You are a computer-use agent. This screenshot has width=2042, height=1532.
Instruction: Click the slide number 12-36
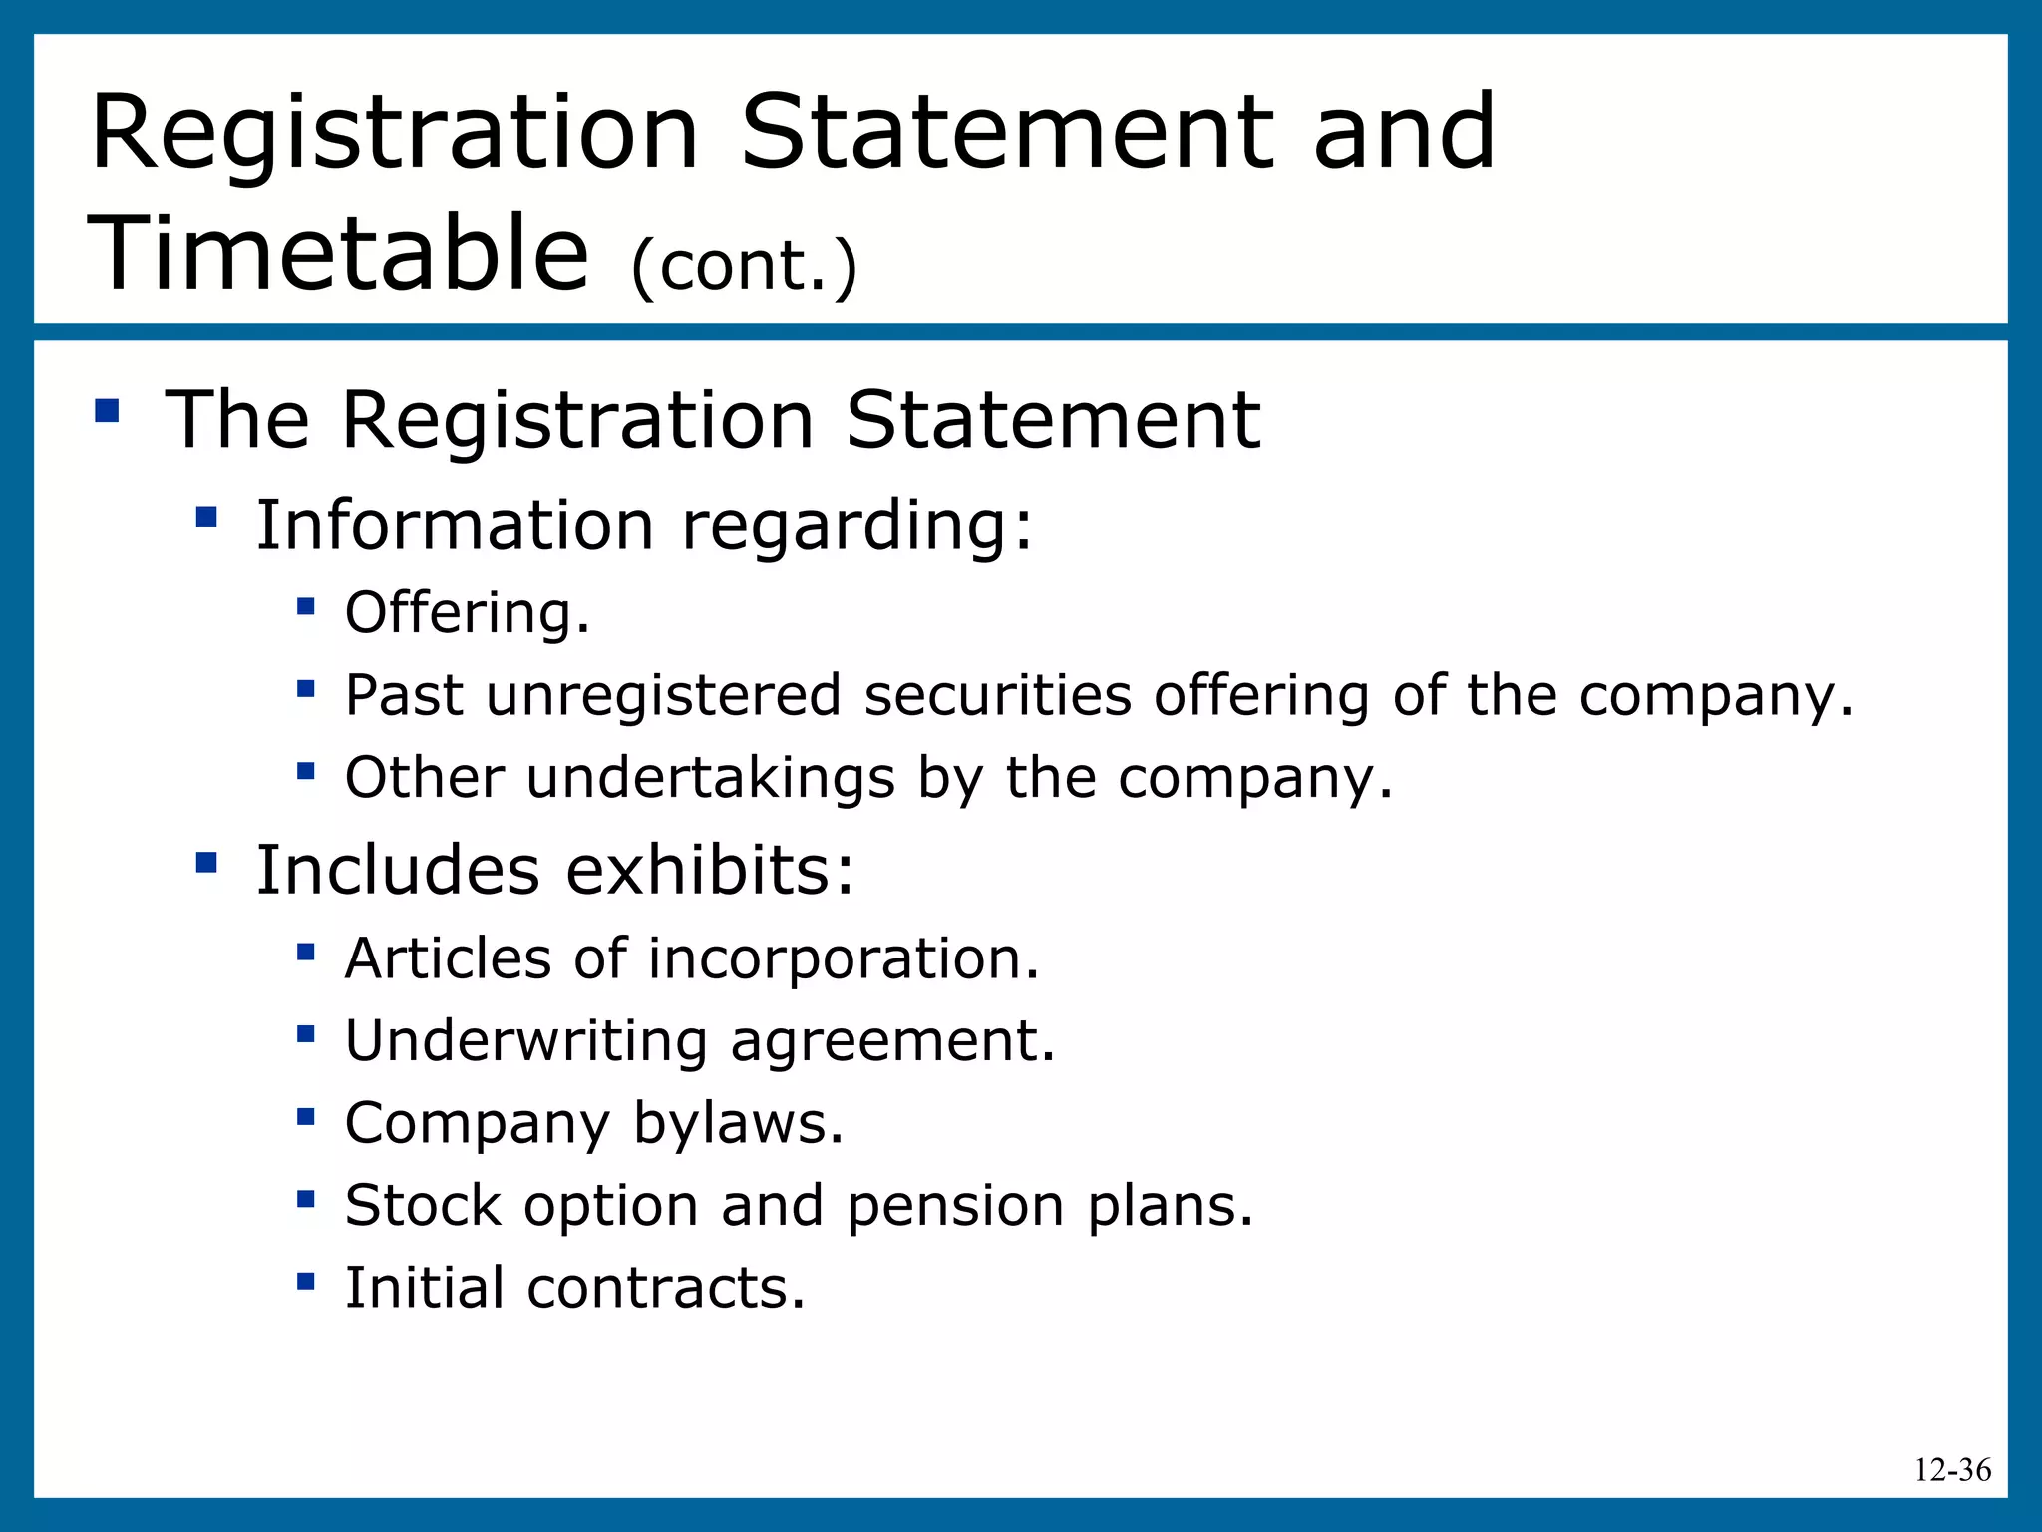click(1952, 1469)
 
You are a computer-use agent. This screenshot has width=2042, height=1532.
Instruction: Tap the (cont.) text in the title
click(744, 267)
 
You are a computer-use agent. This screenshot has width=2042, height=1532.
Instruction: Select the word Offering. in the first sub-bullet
click(468, 612)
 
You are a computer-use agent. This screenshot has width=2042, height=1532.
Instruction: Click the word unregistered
click(664, 695)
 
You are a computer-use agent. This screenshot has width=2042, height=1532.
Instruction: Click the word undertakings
click(710, 778)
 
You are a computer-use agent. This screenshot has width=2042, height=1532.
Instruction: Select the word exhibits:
click(710, 870)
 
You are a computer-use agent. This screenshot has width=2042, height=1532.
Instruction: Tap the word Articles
click(448, 958)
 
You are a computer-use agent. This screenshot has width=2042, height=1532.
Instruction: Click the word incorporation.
click(844, 958)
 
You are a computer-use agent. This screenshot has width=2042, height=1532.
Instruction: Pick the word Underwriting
click(525, 1041)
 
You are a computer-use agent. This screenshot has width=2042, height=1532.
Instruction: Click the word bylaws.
click(738, 1124)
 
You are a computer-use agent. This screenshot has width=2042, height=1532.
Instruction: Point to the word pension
click(955, 1206)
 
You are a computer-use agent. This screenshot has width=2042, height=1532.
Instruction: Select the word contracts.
click(665, 1288)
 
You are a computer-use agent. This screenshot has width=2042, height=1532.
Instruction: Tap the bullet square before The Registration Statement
click(107, 410)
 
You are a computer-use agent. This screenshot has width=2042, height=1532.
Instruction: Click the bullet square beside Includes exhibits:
click(206, 861)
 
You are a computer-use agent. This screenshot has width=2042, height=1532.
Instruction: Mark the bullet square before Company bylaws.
click(306, 1116)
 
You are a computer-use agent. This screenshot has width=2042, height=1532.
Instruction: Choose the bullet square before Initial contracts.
click(306, 1280)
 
